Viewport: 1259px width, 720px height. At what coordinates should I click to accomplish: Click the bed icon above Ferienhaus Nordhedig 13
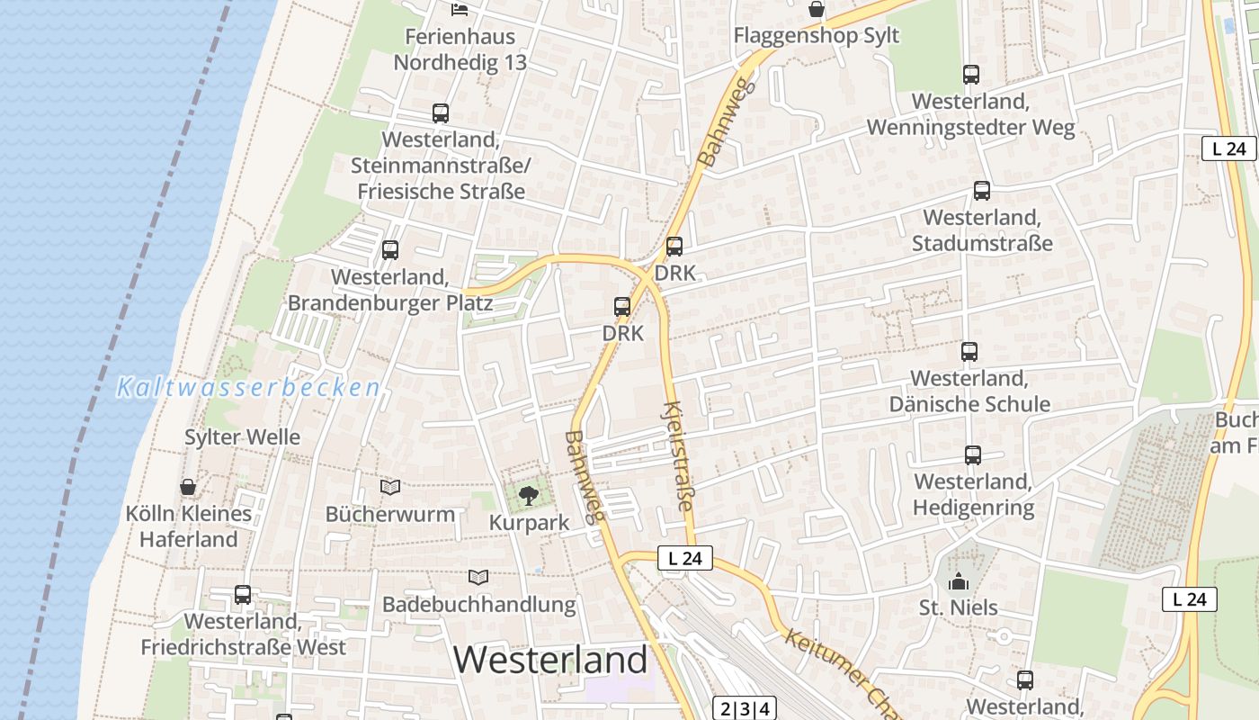tap(460, 10)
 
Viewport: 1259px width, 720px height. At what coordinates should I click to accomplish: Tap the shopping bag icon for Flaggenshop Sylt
tap(817, 9)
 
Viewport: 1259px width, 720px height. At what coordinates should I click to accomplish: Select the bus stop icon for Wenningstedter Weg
tap(971, 75)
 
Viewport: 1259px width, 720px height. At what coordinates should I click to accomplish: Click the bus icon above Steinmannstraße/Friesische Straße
tap(440, 113)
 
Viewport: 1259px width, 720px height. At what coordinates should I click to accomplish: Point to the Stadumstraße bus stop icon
tap(982, 191)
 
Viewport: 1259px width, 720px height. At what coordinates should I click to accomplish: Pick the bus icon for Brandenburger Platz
tap(390, 250)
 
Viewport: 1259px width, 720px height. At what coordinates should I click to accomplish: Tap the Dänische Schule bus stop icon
tap(969, 352)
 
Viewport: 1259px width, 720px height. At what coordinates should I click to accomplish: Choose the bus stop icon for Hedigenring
tap(973, 455)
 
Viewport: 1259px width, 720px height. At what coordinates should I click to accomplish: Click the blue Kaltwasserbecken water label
tap(248, 389)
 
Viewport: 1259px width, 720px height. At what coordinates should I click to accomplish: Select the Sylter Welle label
tap(242, 437)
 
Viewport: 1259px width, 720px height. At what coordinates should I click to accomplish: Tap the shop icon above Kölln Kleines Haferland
tap(188, 487)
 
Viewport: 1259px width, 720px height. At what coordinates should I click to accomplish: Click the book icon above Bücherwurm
tap(390, 488)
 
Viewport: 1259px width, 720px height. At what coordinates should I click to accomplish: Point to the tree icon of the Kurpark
tap(529, 494)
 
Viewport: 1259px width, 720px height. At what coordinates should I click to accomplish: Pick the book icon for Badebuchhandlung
tap(478, 577)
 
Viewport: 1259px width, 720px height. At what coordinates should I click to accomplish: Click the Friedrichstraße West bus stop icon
tap(243, 594)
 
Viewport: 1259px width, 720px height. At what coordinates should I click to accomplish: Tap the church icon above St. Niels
tap(959, 580)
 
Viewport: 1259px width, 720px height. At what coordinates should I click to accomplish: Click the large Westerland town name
tap(550, 660)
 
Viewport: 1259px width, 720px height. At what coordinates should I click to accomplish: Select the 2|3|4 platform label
tap(745, 708)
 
